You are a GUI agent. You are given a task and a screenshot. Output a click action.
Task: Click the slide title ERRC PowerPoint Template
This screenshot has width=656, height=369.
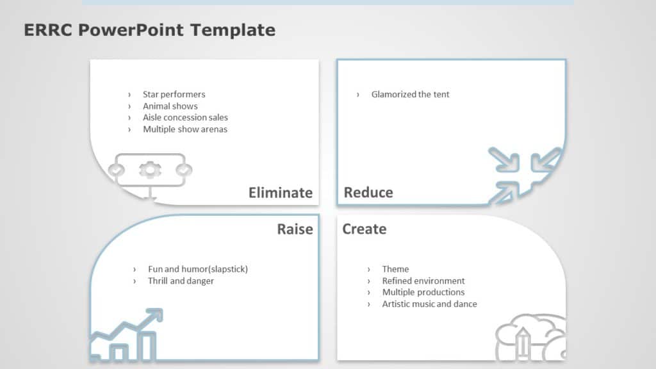(x=149, y=29)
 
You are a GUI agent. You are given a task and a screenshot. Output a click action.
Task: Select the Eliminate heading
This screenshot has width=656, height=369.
(x=281, y=193)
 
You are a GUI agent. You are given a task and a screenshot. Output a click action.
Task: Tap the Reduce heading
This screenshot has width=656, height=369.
(x=368, y=192)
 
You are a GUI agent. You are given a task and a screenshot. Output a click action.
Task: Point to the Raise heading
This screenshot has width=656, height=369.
(x=295, y=229)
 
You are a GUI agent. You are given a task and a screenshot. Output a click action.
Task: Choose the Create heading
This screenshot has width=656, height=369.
(x=364, y=229)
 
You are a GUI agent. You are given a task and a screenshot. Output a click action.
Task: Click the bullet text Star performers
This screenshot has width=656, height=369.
(x=174, y=94)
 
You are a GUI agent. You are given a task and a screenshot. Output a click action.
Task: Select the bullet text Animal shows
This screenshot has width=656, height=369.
(x=170, y=106)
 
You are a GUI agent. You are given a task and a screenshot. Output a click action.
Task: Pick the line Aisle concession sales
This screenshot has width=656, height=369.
(x=185, y=117)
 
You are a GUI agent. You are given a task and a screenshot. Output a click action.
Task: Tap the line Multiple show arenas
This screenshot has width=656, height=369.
(x=184, y=129)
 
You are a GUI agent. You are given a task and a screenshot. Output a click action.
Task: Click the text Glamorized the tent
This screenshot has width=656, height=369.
(x=410, y=94)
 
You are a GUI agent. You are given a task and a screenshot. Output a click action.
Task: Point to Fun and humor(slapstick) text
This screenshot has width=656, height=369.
(x=197, y=269)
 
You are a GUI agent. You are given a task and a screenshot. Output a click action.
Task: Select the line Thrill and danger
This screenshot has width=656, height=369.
(x=181, y=281)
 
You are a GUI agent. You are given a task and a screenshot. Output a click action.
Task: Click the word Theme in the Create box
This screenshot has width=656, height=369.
(x=395, y=269)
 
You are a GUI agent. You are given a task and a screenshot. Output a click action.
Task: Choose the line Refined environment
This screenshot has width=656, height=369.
(x=423, y=281)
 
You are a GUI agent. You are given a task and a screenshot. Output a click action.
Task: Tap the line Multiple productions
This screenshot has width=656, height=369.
(x=423, y=292)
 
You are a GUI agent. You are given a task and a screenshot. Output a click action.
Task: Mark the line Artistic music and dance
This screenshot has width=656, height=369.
(x=429, y=304)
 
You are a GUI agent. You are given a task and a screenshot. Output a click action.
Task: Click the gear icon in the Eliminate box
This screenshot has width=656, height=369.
(x=151, y=170)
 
